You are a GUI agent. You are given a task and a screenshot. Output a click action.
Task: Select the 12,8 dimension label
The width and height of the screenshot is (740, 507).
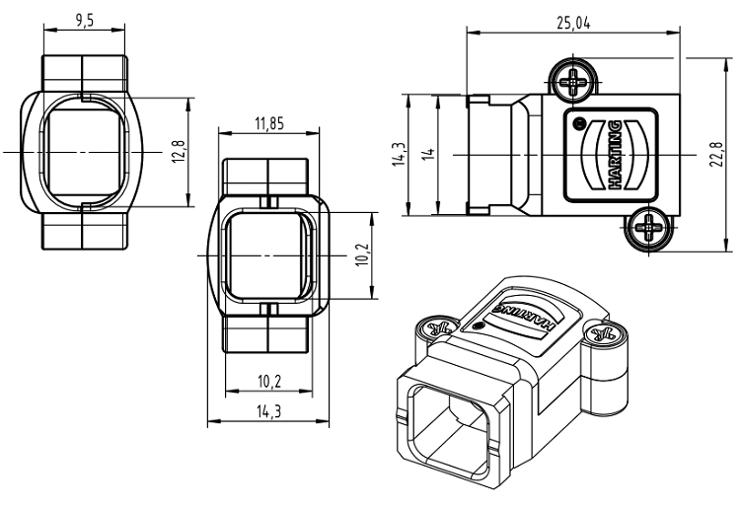tap(179, 153)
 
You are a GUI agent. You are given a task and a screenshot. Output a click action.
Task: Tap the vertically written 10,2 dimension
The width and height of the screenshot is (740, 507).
tap(362, 253)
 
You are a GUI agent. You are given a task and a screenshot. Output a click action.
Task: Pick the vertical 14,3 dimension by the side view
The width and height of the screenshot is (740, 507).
tap(399, 155)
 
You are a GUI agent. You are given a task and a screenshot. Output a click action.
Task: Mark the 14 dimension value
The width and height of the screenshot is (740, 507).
tap(427, 155)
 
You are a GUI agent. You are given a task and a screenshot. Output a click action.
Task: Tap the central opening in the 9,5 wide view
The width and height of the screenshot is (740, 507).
tap(84, 153)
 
